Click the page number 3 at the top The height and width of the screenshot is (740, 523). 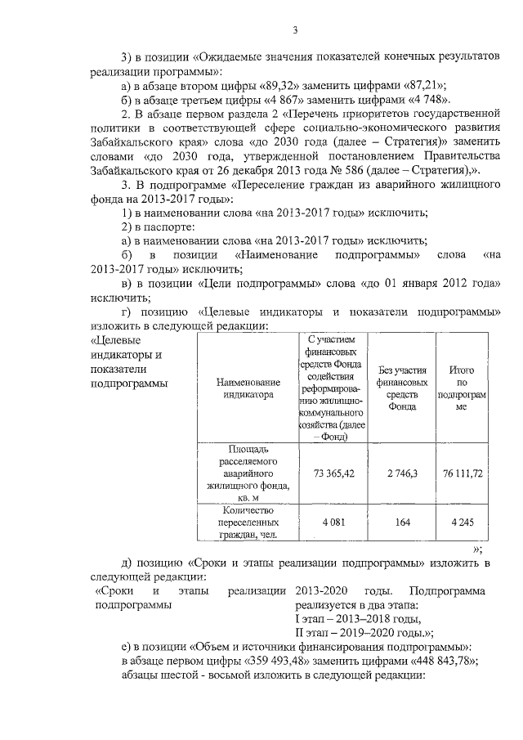(296, 31)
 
